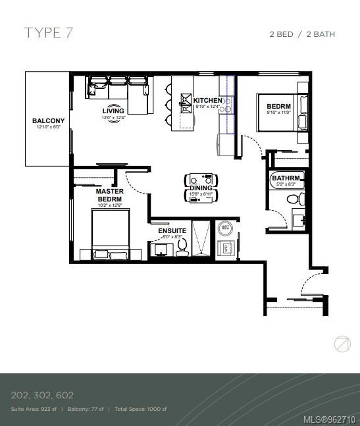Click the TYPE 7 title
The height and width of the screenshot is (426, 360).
coord(48,33)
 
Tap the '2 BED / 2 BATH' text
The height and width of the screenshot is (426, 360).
coord(302,34)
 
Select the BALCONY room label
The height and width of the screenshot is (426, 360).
coord(48,120)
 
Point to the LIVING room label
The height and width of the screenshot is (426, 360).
coord(113,111)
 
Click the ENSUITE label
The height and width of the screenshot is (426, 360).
coord(172,231)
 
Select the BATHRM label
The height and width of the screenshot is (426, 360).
coord(286,178)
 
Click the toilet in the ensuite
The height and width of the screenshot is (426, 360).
coord(182,247)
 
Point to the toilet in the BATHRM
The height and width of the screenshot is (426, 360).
coord(299,198)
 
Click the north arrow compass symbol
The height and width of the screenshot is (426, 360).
coord(342,344)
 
